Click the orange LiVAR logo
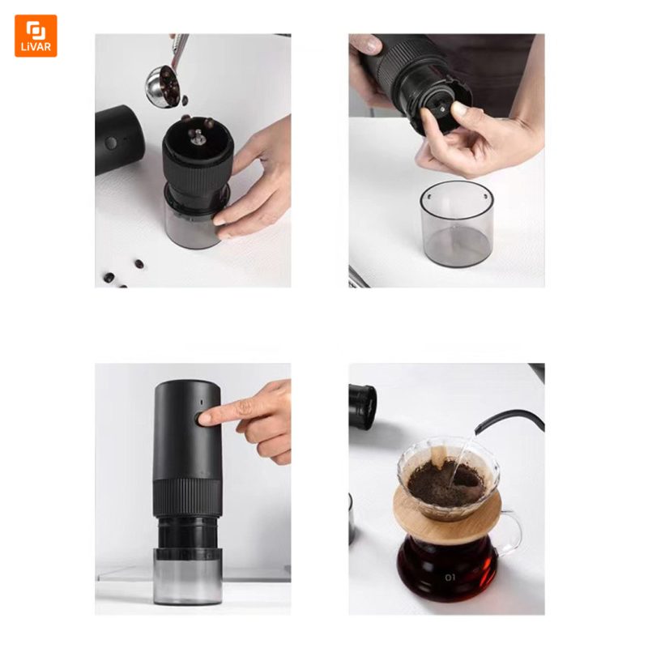click(36, 36)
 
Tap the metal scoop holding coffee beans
click(163, 86)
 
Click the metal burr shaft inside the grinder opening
click(198, 137)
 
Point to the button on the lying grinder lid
click(111, 143)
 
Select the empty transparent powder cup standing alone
click(457, 224)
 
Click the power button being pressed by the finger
click(201, 419)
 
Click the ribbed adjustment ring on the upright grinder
click(187, 497)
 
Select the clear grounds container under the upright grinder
click(188, 577)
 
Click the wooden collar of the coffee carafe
click(447, 514)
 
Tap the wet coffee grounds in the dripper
click(446, 483)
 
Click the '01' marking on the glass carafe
click(450, 578)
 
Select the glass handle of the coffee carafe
click(513, 533)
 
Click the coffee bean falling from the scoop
click(185, 100)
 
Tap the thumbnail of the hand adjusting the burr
click(458, 109)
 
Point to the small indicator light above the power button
click(201, 402)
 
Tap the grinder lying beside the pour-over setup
click(362, 407)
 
